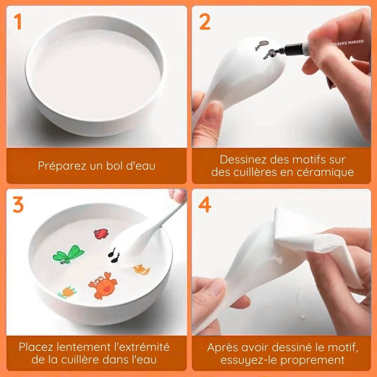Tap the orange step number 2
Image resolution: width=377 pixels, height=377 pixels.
(x=205, y=22)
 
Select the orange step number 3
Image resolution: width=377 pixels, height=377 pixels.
(x=18, y=205)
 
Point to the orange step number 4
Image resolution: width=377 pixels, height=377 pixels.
(x=205, y=205)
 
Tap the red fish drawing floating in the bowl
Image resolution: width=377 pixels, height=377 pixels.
(x=101, y=234)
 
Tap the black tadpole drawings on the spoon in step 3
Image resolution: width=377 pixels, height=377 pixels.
(x=114, y=255)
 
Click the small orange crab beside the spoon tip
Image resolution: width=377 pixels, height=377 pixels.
(x=141, y=269)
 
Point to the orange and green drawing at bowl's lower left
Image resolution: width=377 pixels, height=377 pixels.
(x=67, y=292)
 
